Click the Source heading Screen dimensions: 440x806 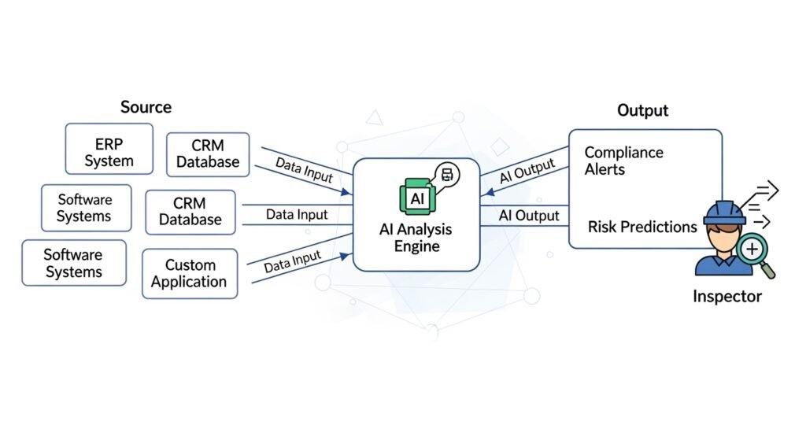[146, 107]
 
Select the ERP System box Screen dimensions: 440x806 [109, 153]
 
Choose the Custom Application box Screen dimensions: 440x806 [189, 274]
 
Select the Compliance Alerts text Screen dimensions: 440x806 [623, 160]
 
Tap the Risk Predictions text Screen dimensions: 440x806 [642, 227]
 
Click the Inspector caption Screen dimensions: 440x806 [727, 297]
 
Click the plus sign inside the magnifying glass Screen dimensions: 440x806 [752, 250]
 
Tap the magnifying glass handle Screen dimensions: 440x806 [769, 271]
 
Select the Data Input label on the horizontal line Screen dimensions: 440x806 [297, 214]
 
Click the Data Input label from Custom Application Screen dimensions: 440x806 [292, 261]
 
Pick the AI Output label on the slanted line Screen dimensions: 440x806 [527, 172]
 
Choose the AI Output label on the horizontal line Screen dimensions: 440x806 [529, 216]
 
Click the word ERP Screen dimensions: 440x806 [109, 145]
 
